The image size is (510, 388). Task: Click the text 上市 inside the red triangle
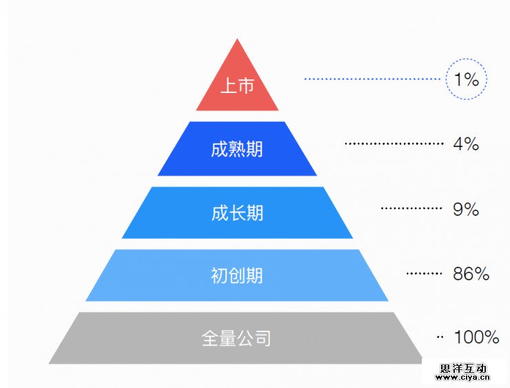(x=237, y=86)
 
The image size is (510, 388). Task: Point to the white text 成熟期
(x=237, y=148)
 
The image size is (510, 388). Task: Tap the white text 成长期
(x=237, y=212)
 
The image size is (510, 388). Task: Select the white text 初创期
(x=237, y=276)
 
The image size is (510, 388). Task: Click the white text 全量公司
(x=236, y=338)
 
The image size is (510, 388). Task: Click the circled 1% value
(x=467, y=79)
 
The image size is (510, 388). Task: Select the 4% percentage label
(x=466, y=144)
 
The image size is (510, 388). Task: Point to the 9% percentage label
(x=466, y=209)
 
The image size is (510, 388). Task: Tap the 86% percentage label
(x=471, y=274)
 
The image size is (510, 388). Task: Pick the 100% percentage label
(x=476, y=338)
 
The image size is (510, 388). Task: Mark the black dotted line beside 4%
(x=394, y=144)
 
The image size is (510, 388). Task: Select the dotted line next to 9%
(x=411, y=209)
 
